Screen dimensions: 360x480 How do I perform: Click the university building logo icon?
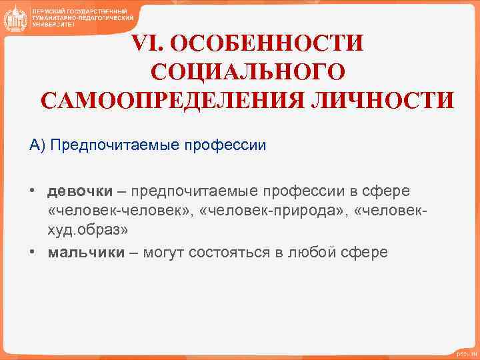click(15, 19)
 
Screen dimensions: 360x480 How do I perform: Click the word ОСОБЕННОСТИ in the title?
click(268, 43)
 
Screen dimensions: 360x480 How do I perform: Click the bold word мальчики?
click(86, 253)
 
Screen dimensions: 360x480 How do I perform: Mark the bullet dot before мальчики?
click(32, 253)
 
